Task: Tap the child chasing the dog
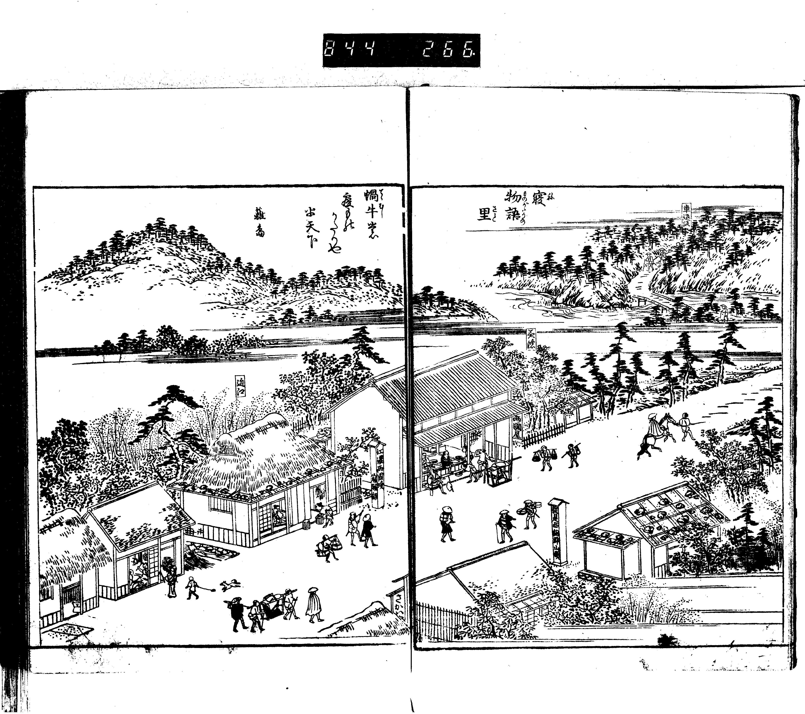point(192,588)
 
